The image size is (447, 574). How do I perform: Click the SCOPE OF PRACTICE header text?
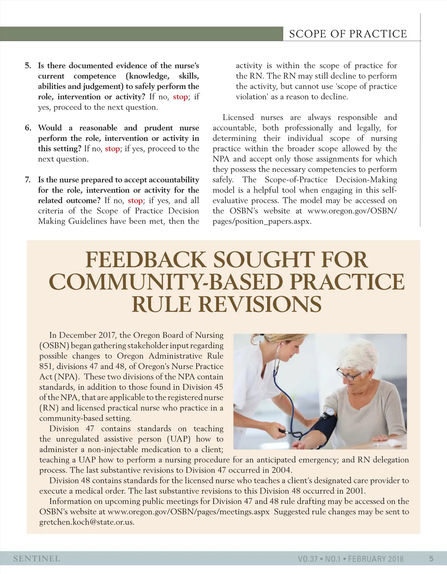[348, 34]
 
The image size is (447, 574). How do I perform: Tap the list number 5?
[28, 66]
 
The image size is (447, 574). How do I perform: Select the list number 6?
[28, 128]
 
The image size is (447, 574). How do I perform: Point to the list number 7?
[28, 180]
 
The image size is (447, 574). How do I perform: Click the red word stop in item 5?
[180, 97]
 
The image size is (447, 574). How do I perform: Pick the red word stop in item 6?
[112, 149]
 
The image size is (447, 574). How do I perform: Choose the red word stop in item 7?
[135, 201]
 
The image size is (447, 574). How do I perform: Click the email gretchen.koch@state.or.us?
[87, 522]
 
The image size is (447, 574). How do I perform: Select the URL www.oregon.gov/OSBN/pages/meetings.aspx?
[188, 512]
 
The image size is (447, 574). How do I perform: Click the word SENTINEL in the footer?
[37, 559]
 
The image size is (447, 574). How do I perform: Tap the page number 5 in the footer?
[431, 559]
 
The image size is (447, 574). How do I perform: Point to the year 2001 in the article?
[355, 491]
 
